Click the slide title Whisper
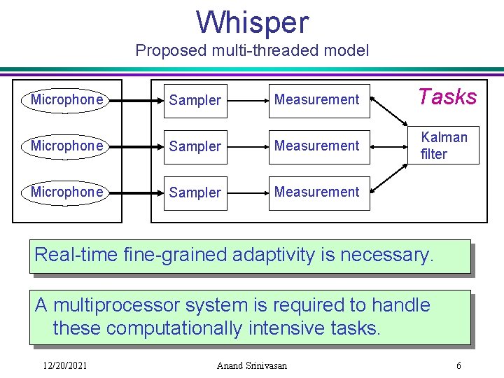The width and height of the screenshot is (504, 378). click(252, 22)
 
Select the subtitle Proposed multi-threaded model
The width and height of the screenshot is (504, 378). click(252, 50)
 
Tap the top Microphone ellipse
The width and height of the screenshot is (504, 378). click(66, 100)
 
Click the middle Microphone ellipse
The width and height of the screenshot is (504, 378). click(66, 146)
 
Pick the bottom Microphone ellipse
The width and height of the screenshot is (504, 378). click(66, 192)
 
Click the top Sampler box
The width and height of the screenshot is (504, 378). click(195, 100)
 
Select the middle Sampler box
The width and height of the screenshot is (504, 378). click(195, 146)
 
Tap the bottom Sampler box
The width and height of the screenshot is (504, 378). click(195, 192)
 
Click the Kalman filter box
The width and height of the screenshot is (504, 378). click(444, 146)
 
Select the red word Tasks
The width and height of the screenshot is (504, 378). click(447, 97)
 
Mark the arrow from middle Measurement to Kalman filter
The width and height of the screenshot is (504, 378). click(389, 146)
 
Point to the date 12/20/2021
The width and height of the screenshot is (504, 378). click(64, 365)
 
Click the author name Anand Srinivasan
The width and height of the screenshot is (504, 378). click(251, 365)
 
